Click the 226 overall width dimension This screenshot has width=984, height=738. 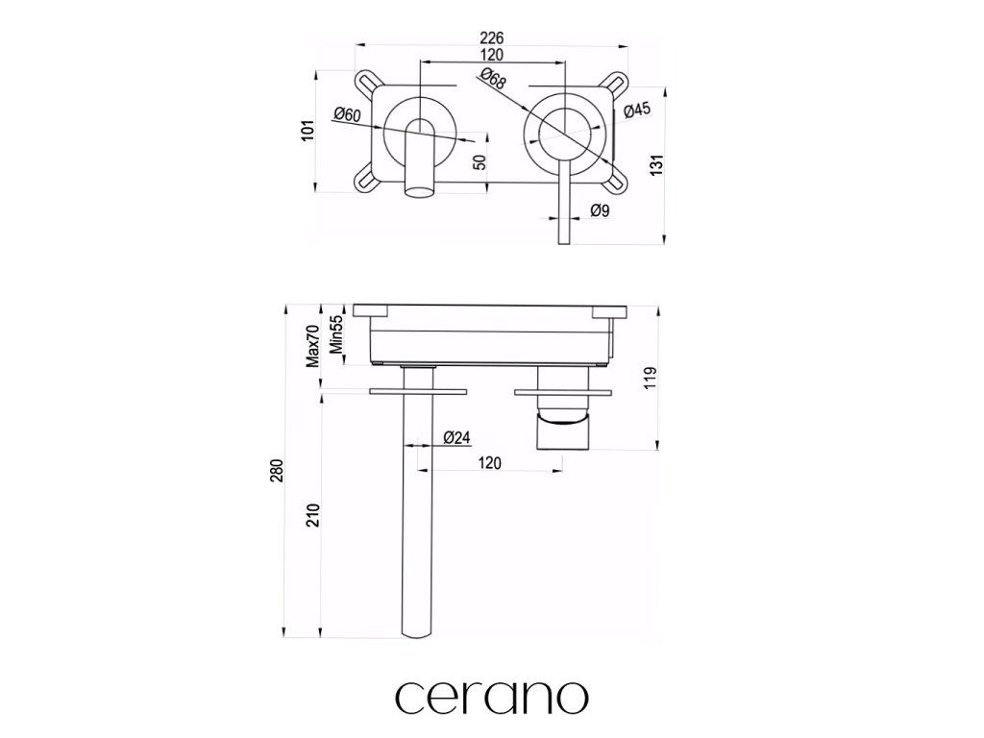pyautogui.click(x=491, y=37)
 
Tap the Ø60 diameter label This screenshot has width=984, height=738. pyautogui.click(x=347, y=115)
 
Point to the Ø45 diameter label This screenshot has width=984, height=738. pyautogui.click(x=638, y=110)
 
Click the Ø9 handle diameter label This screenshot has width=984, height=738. pyautogui.click(x=600, y=210)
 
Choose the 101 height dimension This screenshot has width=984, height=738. pyautogui.click(x=307, y=130)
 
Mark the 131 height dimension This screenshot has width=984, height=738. pyautogui.click(x=656, y=164)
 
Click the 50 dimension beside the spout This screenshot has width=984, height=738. pyautogui.click(x=479, y=161)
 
